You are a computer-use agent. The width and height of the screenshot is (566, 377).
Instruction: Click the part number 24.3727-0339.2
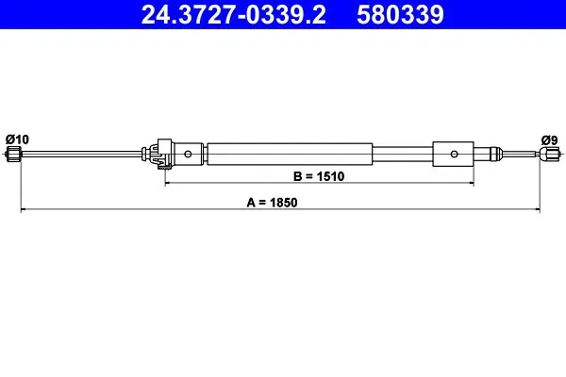point(234,15)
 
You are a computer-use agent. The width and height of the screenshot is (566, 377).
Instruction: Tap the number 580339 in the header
point(400,15)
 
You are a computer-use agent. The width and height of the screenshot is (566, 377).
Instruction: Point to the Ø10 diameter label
point(17,139)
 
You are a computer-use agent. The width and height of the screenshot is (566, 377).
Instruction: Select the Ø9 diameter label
point(549,140)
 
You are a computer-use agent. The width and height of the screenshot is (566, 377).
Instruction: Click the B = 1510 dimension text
point(319,176)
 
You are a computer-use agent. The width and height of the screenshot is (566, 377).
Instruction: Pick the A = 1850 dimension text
point(273,203)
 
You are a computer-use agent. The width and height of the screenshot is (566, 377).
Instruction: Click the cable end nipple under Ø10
point(14,154)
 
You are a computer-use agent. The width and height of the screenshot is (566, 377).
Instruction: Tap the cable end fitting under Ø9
point(549,154)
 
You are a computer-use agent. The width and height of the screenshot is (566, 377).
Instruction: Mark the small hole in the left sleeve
point(188,154)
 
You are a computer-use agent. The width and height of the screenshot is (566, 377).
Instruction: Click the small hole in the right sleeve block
point(454,154)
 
